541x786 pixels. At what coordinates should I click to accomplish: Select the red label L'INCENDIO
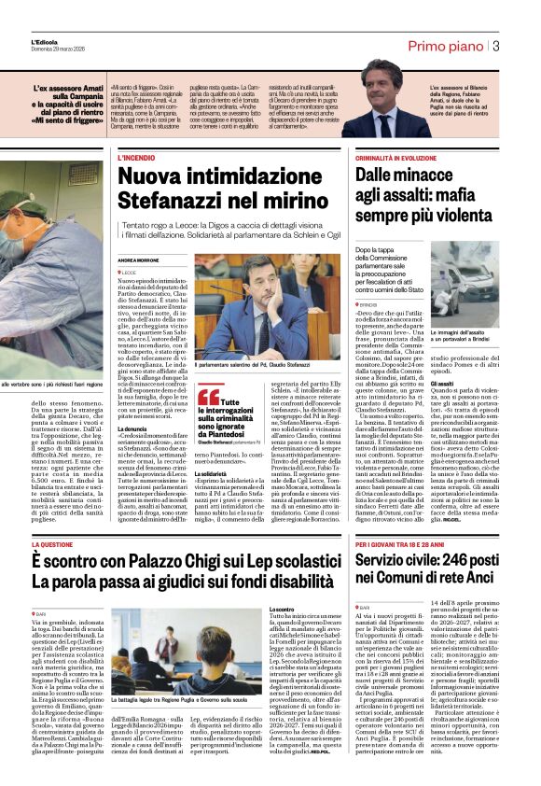136,159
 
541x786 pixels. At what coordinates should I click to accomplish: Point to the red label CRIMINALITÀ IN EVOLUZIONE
404,160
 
